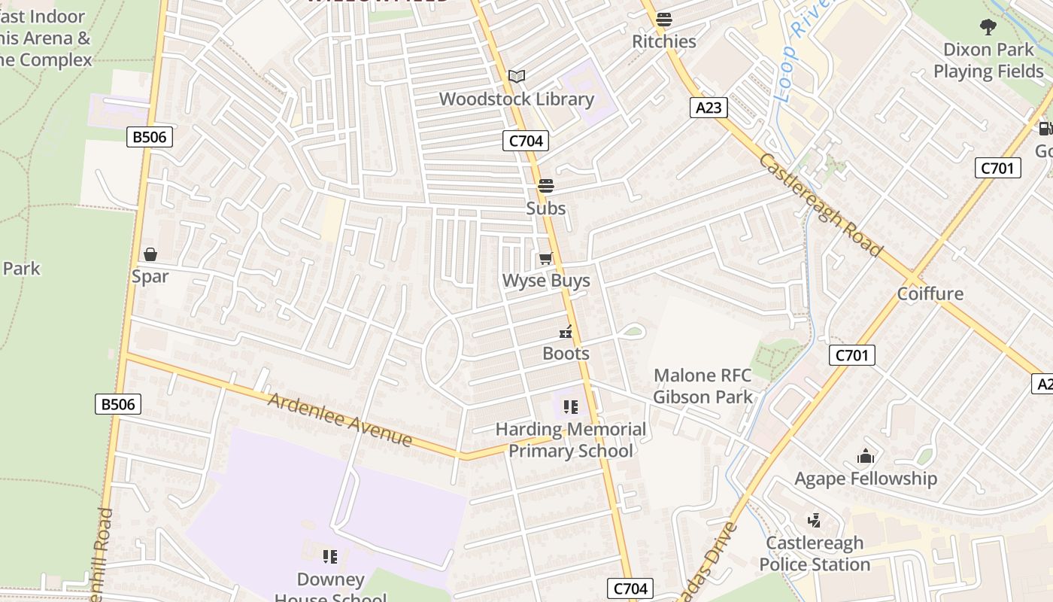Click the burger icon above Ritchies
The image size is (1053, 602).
(663, 20)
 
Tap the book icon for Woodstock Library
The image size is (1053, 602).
(516, 76)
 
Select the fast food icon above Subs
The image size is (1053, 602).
(545, 185)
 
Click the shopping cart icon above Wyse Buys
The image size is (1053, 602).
(545, 259)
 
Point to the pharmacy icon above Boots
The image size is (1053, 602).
(566, 332)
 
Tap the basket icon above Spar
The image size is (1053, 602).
(150, 254)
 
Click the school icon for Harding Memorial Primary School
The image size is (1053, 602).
(571, 407)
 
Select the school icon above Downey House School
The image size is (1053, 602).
(329, 557)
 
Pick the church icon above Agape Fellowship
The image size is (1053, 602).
(866, 457)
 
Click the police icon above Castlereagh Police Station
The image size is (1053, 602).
(814, 520)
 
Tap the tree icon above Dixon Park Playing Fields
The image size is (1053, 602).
(988, 28)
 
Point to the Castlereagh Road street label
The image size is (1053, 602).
(819, 204)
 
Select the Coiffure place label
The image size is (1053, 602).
(930, 293)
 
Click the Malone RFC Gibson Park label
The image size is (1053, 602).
(703, 386)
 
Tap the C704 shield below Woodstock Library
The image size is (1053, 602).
(526, 140)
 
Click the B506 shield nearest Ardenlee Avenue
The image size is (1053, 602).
(119, 404)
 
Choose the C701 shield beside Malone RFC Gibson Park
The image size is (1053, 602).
(852, 355)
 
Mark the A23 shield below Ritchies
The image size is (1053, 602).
(708, 108)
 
